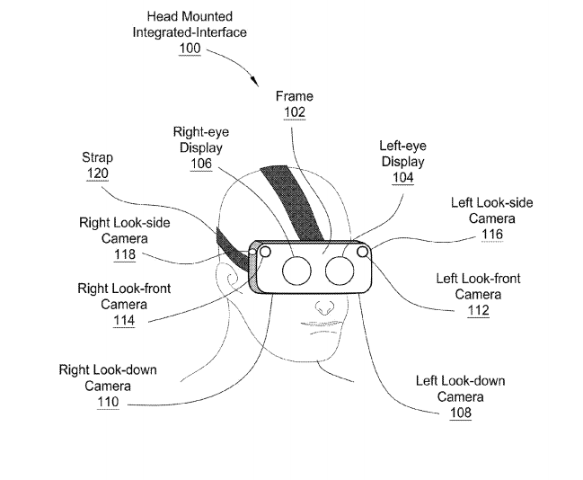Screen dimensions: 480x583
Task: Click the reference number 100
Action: pos(190,48)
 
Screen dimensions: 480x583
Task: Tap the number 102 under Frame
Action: pos(294,112)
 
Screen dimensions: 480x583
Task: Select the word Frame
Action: pos(295,96)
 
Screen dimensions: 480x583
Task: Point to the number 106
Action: pos(200,164)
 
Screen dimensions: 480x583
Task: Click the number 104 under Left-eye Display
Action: pos(402,178)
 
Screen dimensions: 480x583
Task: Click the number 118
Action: pos(124,255)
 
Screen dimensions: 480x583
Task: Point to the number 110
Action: pos(108,402)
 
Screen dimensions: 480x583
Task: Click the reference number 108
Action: pos(459,413)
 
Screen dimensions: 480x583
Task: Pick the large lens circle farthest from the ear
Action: pos(340,270)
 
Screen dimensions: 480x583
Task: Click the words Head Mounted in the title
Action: pos(190,16)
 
